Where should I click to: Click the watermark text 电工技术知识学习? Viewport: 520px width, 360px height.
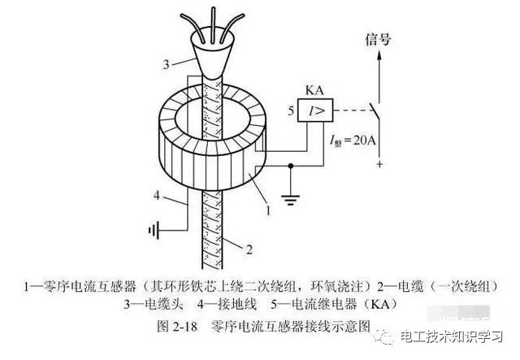click(452, 336)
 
